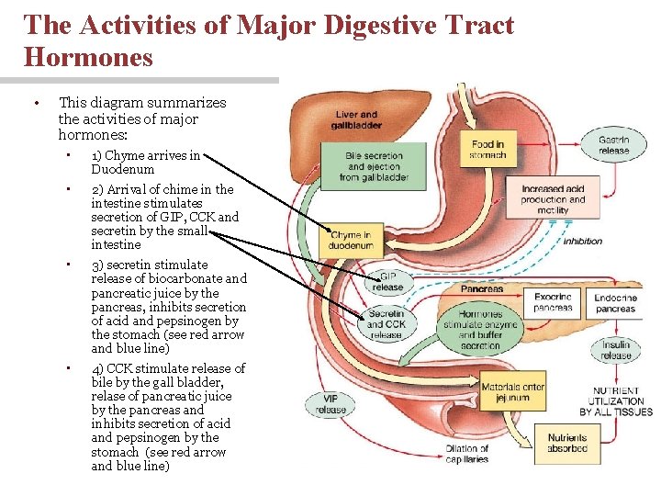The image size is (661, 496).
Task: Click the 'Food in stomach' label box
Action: click(x=488, y=150)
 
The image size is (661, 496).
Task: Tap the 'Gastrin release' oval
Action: click(x=614, y=145)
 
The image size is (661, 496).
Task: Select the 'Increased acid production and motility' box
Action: click(x=553, y=199)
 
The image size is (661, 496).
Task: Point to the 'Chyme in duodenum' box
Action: click(x=352, y=241)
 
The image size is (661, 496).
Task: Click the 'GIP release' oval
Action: click(x=388, y=281)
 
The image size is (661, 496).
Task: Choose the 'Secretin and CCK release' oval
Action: click(x=387, y=323)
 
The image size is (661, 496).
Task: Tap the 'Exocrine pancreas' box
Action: click(x=554, y=302)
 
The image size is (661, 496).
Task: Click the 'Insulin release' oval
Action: click(x=616, y=350)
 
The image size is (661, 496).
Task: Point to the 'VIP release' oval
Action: click(x=331, y=404)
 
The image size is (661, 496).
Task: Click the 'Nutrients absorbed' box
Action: click(x=566, y=444)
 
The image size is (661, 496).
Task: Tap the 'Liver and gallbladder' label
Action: click(x=356, y=120)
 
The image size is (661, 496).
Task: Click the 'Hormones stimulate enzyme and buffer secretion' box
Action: click(x=481, y=330)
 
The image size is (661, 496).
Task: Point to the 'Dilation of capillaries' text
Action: click(x=467, y=455)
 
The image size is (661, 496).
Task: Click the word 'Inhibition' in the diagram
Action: click(x=583, y=242)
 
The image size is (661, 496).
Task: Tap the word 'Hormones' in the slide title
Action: click(x=89, y=57)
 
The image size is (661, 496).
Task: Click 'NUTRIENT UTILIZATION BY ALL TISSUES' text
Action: click(x=616, y=401)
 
